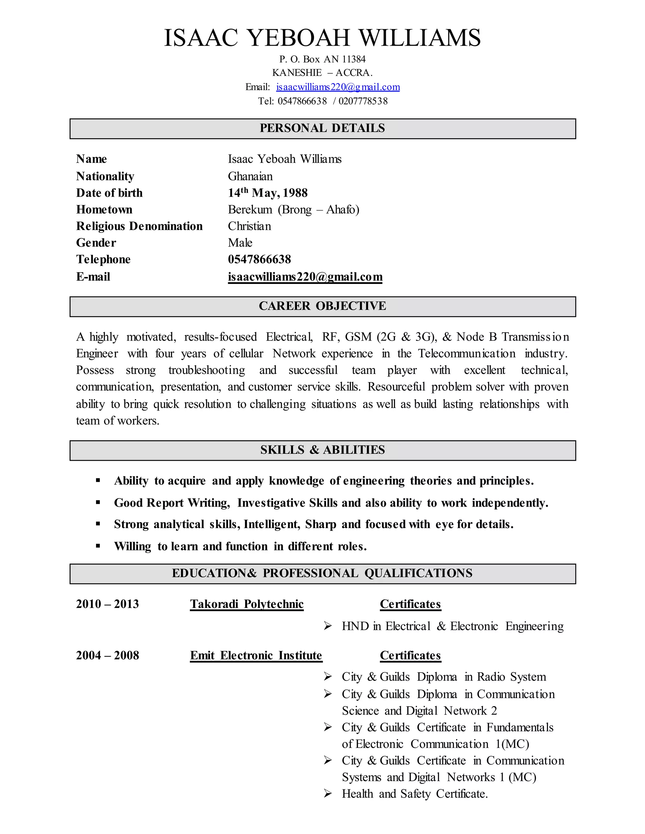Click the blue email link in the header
pyautogui.click(x=338, y=87)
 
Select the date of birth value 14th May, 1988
pyautogui.click(x=267, y=193)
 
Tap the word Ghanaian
pyautogui.click(x=250, y=177)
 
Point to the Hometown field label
pyautogui.click(x=104, y=210)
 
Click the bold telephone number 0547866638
pyautogui.click(x=260, y=260)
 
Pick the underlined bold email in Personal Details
pyautogui.click(x=305, y=277)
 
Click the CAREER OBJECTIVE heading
pyautogui.click(x=322, y=306)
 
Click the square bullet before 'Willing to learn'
pyautogui.click(x=98, y=546)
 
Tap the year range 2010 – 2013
pyautogui.click(x=107, y=604)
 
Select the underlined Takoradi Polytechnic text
pyautogui.click(x=247, y=604)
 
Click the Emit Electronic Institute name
pyautogui.click(x=256, y=656)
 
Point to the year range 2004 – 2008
pyautogui.click(x=107, y=656)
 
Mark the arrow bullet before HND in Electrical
pyautogui.click(x=328, y=626)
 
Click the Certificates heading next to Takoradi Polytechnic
pyautogui.click(x=410, y=604)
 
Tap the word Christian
pyautogui.click(x=249, y=227)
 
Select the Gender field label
pyautogui.click(x=96, y=243)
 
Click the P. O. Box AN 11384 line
pyautogui.click(x=322, y=59)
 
